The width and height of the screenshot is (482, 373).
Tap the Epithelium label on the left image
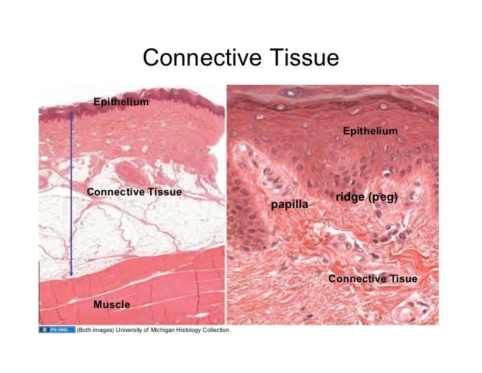click(120, 102)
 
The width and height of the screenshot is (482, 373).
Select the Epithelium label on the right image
click(370, 131)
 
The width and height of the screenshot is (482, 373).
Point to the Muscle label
click(111, 305)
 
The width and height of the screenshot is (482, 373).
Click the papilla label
click(289, 205)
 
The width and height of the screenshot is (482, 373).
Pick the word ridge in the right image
click(349, 197)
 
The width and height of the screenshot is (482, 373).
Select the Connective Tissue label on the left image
click(134, 192)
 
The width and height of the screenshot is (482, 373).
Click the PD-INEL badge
click(56, 330)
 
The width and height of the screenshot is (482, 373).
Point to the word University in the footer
click(132, 330)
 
